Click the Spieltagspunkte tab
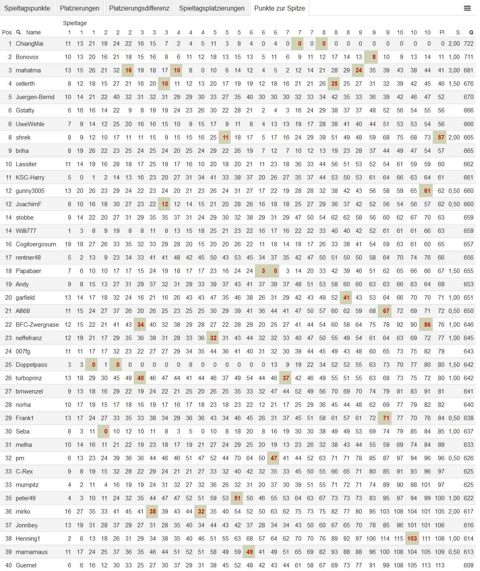click(27, 8)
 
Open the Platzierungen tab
click(80, 8)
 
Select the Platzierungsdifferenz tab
click(139, 8)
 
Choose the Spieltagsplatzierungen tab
click(212, 8)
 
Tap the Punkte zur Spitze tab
click(280, 8)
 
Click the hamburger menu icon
click(467, 8)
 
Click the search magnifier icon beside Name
click(18, 32)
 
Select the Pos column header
click(7, 32)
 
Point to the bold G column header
click(471, 32)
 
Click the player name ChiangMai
click(29, 44)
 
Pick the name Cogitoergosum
click(36, 244)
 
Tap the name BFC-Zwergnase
click(37, 325)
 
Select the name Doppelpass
click(32, 365)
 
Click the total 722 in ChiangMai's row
click(469, 44)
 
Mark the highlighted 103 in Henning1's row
click(412, 539)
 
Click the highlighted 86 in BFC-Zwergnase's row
click(427, 325)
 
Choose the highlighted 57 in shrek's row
click(441, 137)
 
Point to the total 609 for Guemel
click(469, 565)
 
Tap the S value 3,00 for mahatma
click(454, 70)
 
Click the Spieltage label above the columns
click(75, 23)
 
